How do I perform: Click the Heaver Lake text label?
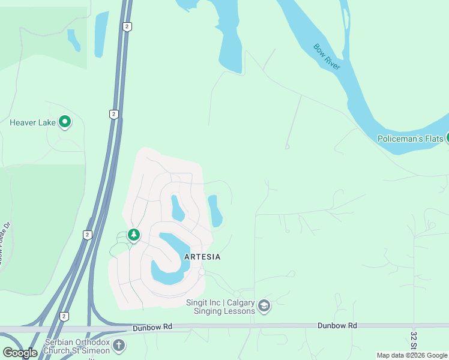[x=32, y=123]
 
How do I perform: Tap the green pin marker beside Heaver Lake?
[x=65, y=123]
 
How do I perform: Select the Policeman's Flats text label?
[x=411, y=139]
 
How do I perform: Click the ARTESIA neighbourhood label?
[x=202, y=257]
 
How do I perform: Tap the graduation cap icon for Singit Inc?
[x=264, y=307]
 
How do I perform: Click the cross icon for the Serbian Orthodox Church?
[x=119, y=345]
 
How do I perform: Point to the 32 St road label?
[x=414, y=340]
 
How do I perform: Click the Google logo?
[x=20, y=353]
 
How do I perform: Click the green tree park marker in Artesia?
[x=134, y=235]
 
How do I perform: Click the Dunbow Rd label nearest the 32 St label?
[x=337, y=325]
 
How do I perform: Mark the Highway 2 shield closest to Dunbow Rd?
[x=64, y=316]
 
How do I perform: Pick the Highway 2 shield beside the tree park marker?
[x=88, y=235]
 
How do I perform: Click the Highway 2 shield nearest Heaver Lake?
[x=113, y=114]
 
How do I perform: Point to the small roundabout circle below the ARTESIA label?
[x=202, y=272]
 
